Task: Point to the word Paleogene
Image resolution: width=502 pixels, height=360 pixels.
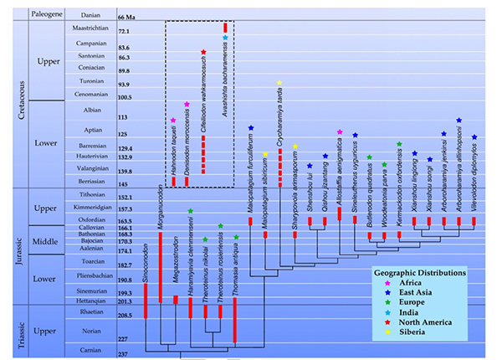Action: (44, 15)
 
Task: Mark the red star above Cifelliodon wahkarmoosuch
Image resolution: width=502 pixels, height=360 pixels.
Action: (202, 52)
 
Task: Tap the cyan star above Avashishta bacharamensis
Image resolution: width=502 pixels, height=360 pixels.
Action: (225, 38)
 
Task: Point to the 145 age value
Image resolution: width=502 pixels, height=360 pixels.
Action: (126, 184)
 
